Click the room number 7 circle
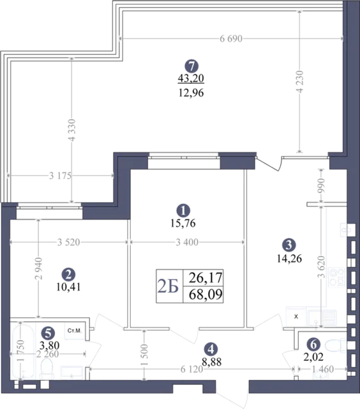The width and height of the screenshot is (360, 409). coord(191,66)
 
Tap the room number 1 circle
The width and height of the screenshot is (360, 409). coord(183,210)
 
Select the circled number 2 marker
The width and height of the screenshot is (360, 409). coord(68,274)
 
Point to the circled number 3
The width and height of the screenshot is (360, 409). coord(289,245)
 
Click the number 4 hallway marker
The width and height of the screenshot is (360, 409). coord(211,350)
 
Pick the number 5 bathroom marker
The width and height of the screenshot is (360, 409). coord(48,333)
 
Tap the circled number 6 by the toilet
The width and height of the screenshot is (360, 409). coord(313,344)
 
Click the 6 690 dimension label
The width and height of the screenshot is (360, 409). coord(231,39)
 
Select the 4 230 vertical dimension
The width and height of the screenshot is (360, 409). coord(300,81)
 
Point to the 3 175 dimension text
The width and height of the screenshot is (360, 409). coord(60,176)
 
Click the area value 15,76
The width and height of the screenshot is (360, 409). coord(183,223)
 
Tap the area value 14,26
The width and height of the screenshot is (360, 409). coord(289,258)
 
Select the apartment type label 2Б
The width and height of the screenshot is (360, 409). coord(168,286)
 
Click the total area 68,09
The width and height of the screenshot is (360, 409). coord(206,294)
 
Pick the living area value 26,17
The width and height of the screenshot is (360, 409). coord(206,277)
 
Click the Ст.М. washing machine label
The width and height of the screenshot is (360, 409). coord(75,331)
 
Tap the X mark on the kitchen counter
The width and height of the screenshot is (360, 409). coord(296,317)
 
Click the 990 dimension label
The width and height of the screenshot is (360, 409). coord(320,185)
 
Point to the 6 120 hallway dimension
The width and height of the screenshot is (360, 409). coord(191,369)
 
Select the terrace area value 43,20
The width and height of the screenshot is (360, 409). coord(191,78)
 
